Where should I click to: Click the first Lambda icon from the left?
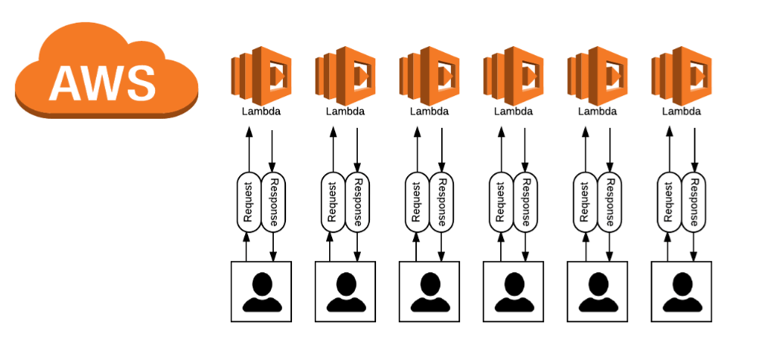click(261, 73)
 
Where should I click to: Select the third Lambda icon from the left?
click(430, 73)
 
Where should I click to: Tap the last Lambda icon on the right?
click(682, 73)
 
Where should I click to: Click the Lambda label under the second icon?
click(345, 111)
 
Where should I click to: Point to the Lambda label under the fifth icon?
click(597, 111)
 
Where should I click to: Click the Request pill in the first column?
click(248, 201)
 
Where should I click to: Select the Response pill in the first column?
click(273, 201)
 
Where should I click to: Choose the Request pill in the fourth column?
click(500, 201)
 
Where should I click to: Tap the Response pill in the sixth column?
click(694, 201)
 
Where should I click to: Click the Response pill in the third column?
click(442, 201)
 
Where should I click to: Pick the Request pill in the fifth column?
click(584, 201)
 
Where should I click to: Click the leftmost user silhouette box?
click(261, 292)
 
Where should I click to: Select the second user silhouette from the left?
click(345, 292)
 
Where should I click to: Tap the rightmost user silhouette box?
click(682, 292)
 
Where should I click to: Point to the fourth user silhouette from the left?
click(514, 292)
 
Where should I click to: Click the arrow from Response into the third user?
click(442, 246)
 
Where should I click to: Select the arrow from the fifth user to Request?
click(584, 246)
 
